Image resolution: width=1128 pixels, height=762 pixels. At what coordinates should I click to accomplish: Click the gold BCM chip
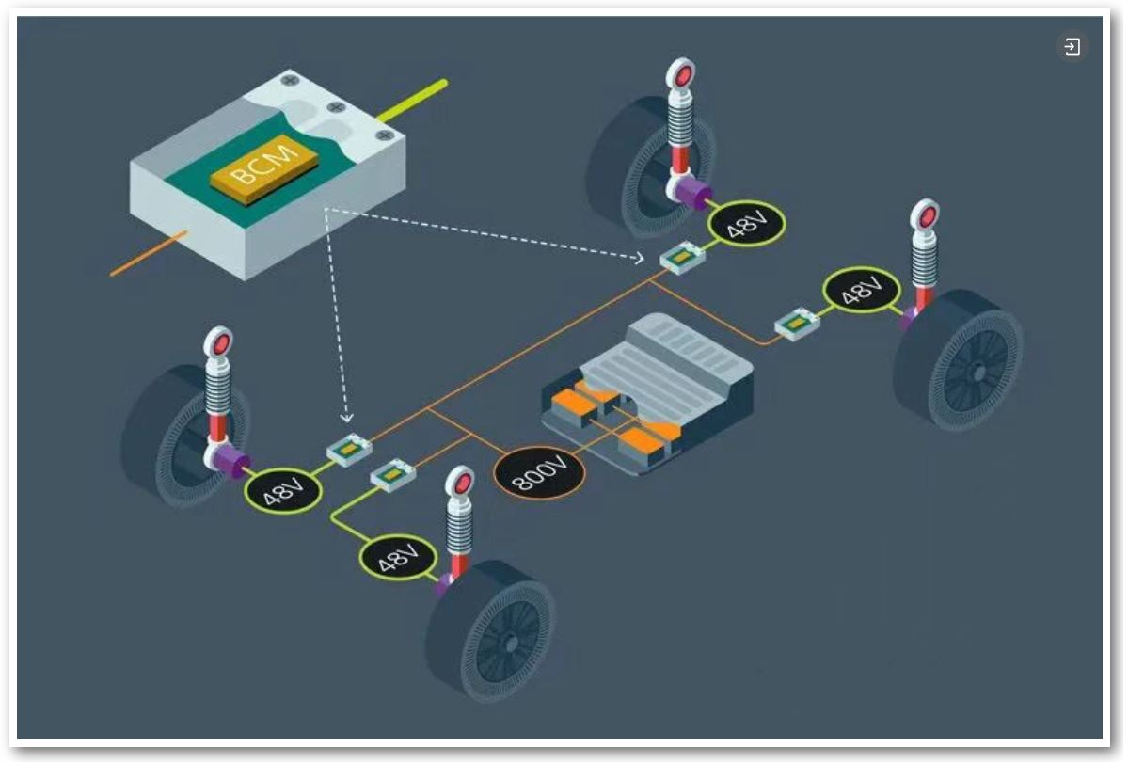click(x=263, y=167)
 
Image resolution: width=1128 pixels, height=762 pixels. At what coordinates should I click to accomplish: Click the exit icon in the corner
click(x=1072, y=46)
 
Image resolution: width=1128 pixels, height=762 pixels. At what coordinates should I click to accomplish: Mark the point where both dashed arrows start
click(x=325, y=209)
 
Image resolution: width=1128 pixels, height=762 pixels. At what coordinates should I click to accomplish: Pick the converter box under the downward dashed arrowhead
click(x=349, y=450)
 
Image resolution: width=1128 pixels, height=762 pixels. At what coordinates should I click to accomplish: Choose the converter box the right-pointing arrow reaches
click(x=681, y=257)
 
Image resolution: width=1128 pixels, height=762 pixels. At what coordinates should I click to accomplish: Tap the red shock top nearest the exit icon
click(x=926, y=215)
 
